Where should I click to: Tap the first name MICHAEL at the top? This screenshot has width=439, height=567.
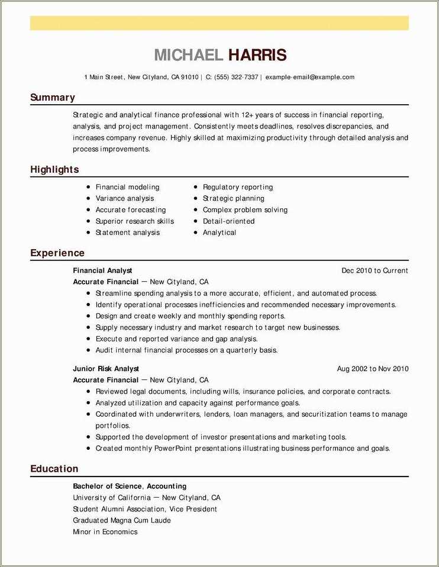pyautogui.click(x=188, y=56)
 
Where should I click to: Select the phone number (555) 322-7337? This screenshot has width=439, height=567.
pyautogui.click(x=236, y=77)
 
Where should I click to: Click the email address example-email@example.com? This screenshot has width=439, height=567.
pyautogui.click(x=309, y=77)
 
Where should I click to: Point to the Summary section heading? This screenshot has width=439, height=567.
pyautogui.click(x=53, y=98)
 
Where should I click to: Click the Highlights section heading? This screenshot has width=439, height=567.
pyautogui.click(x=54, y=170)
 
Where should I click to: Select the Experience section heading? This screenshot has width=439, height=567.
pyautogui.click(x=57, y=253)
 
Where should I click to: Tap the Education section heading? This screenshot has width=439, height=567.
pyautogui.click(x=54, y=469)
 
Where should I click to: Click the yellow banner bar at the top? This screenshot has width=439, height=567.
pyautogui.click(x=220, y=23)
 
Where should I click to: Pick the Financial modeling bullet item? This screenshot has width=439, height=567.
pyautogui.click(x=127, y=187)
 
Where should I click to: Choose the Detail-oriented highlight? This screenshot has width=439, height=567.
pyautogui.click(x=228, y=221)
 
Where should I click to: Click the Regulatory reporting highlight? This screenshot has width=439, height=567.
pyautogui.click(x=238, y=187)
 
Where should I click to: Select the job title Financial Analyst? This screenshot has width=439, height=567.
pyautogui.click(x=102, y=270)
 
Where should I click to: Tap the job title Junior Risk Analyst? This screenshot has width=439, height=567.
pyautogui.click(x=106, y=369)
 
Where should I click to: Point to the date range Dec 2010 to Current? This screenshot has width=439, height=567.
pyautogui.click(x=375, y=270)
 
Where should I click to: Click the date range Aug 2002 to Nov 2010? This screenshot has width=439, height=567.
pyautogui.click(x=373, y=369)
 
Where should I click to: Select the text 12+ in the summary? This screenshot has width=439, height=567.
pyautogui.click(x=248, y=115)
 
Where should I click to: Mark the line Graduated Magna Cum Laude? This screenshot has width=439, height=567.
pyautogui.click(x=122, y=520)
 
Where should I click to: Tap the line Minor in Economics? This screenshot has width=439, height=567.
pyautogui.click(x=105, y=531)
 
